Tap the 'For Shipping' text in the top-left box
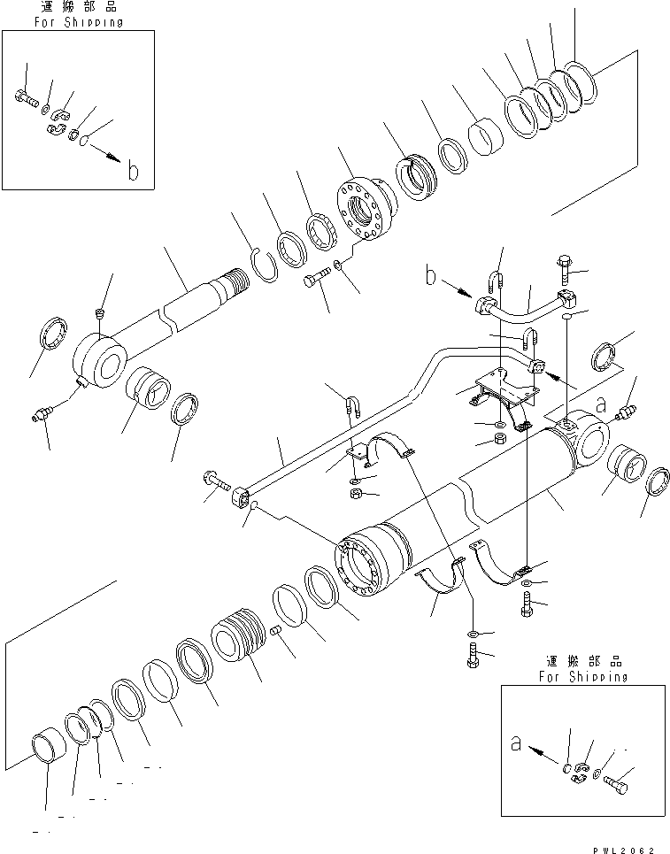(x=79, y=22)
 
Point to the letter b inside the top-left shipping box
(x=132, y=172)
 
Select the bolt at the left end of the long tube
(x=217, y=481)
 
